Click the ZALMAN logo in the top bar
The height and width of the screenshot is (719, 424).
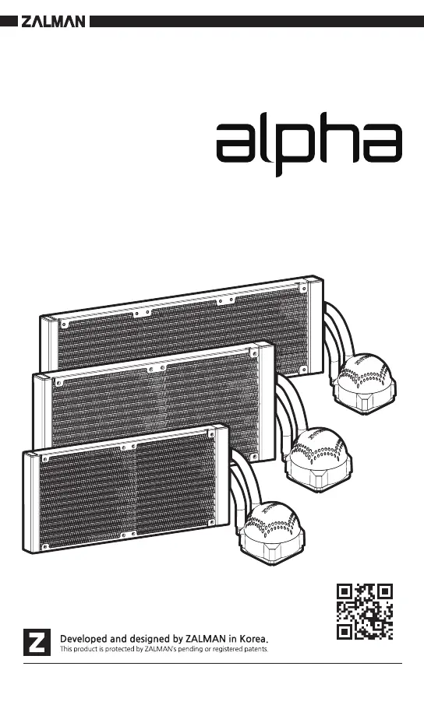click(x=53, y=22)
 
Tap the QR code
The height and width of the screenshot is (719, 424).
click(x=365, y=612)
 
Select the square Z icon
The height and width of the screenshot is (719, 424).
click(x=37, y=641)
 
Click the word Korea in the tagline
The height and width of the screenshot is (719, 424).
click(x=253, y=638)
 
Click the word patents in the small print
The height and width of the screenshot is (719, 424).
click(x=256, y=649)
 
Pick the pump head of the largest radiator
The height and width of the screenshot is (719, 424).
click(x=366, y=383)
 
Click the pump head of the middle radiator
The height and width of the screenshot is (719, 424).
click(x=319, y=459)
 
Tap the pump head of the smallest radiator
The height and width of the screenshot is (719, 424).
click(x=271, y=532)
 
